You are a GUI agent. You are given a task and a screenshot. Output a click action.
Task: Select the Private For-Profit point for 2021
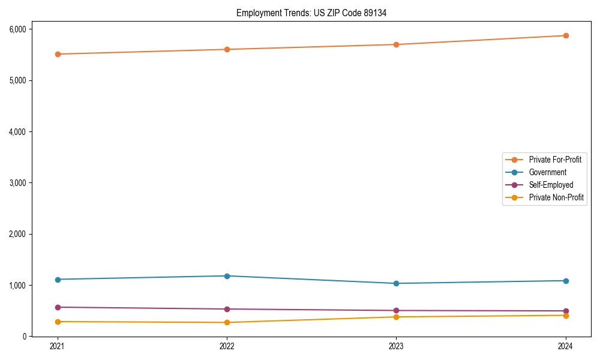(x=58, y=54)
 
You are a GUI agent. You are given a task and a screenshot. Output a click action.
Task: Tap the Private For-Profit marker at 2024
(x=566, y=35)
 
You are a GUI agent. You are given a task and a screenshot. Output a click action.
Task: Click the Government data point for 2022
(x=227, y=276)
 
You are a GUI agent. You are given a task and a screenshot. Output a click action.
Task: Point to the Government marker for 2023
(x=397, y=283)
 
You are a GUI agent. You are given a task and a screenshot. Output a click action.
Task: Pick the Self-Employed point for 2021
(x=58, y=307)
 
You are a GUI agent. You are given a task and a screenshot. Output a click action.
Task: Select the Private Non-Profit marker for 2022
(x=227, y=323)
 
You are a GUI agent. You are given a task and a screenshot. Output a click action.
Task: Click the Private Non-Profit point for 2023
(x=397, y=317)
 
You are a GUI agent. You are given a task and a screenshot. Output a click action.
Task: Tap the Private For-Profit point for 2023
(x=397, y=44)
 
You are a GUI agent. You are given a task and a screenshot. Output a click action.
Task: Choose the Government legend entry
(x=547, y=172)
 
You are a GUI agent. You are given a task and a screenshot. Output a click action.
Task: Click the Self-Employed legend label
(x=551, y=185)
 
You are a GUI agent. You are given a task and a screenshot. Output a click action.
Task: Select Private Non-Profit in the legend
(x=556, y=197)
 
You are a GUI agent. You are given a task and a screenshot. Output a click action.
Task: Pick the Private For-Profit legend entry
(x=555, y=160)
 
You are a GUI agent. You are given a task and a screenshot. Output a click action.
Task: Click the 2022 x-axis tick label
(x=227, y=346)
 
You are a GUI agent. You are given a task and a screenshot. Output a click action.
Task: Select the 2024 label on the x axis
(x=566, y=346)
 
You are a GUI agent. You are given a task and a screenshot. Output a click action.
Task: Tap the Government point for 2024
(x=566, y=281)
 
